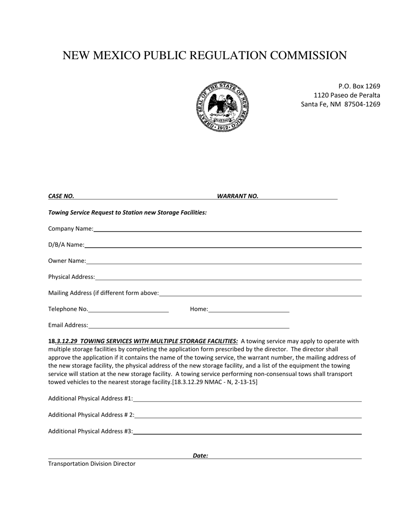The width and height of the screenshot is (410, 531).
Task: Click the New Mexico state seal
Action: (223, 106)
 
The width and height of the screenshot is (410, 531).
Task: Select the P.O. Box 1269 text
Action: (359, 86)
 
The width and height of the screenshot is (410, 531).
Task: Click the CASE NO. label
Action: (61, 196)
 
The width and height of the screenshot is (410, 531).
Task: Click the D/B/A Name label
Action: (66, 245)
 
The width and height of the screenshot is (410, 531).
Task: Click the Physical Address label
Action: (71, 277)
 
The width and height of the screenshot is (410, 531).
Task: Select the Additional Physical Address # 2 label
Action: (91, 415)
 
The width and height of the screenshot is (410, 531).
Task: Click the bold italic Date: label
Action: (200, 455)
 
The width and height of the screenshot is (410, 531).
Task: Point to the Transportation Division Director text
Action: (91, 464)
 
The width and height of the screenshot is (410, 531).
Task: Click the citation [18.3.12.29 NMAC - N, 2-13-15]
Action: (214, 382)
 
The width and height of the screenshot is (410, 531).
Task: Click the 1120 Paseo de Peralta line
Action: (347, 95)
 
